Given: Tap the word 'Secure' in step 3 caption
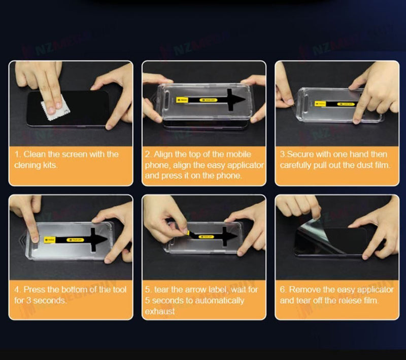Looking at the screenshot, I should tap(301, 154).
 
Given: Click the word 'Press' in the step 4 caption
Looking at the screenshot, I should tap(35, 290).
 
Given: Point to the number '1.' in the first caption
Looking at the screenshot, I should tap(18, 154).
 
